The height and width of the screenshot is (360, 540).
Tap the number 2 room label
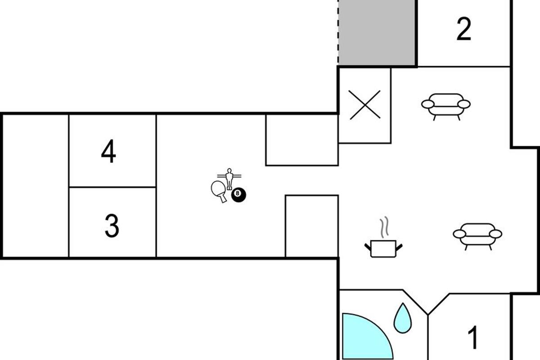(463, 30)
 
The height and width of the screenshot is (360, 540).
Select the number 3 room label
(112, 226)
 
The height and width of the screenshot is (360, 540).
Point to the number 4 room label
(108, 152)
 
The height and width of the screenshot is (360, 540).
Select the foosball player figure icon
(229, 177)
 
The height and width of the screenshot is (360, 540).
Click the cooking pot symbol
(383, 248)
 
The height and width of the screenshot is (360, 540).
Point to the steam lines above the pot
(384, 228)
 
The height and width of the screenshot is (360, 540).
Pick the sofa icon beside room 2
(445, 105)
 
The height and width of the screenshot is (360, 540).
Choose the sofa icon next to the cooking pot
(477, 234)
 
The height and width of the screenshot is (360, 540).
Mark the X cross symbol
(365, 105)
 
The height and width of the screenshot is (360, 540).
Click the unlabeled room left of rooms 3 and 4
(36, 185)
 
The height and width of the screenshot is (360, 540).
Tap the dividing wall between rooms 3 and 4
(112, 187)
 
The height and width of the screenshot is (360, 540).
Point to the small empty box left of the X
(301, 140)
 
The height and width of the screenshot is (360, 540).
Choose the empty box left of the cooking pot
(312, 226)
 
